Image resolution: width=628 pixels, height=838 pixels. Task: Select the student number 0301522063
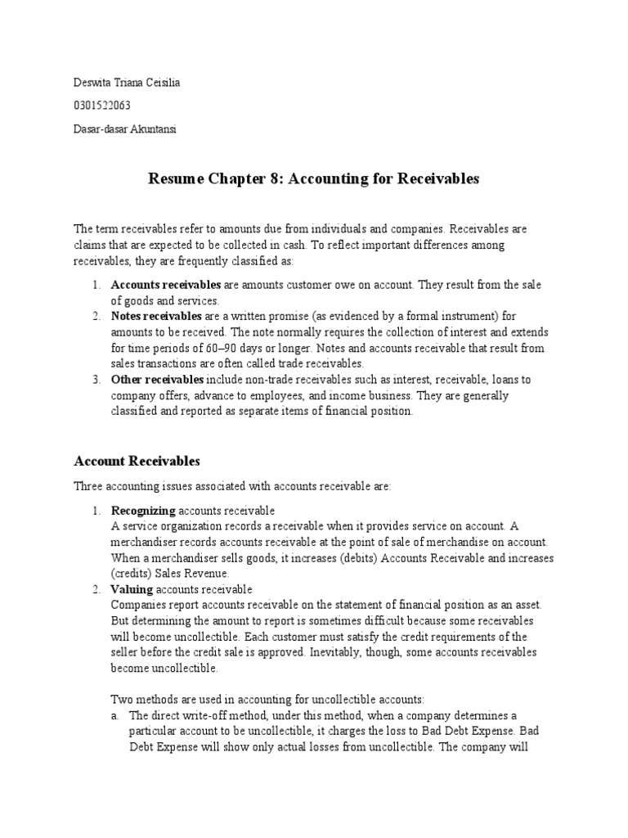click(x=102, y=105)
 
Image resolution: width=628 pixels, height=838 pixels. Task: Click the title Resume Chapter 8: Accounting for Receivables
click(x=313, y=179)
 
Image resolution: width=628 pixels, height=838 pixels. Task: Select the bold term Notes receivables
click(x=155, y=316)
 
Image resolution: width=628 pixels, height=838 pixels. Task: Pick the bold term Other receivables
click(x=157, y=380)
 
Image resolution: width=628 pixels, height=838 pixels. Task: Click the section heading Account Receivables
click(x=137, y=461)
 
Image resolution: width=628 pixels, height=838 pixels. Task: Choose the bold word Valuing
click(x=132, y=589)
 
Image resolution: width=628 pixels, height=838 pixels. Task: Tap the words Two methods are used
click(x=165, y=700)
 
